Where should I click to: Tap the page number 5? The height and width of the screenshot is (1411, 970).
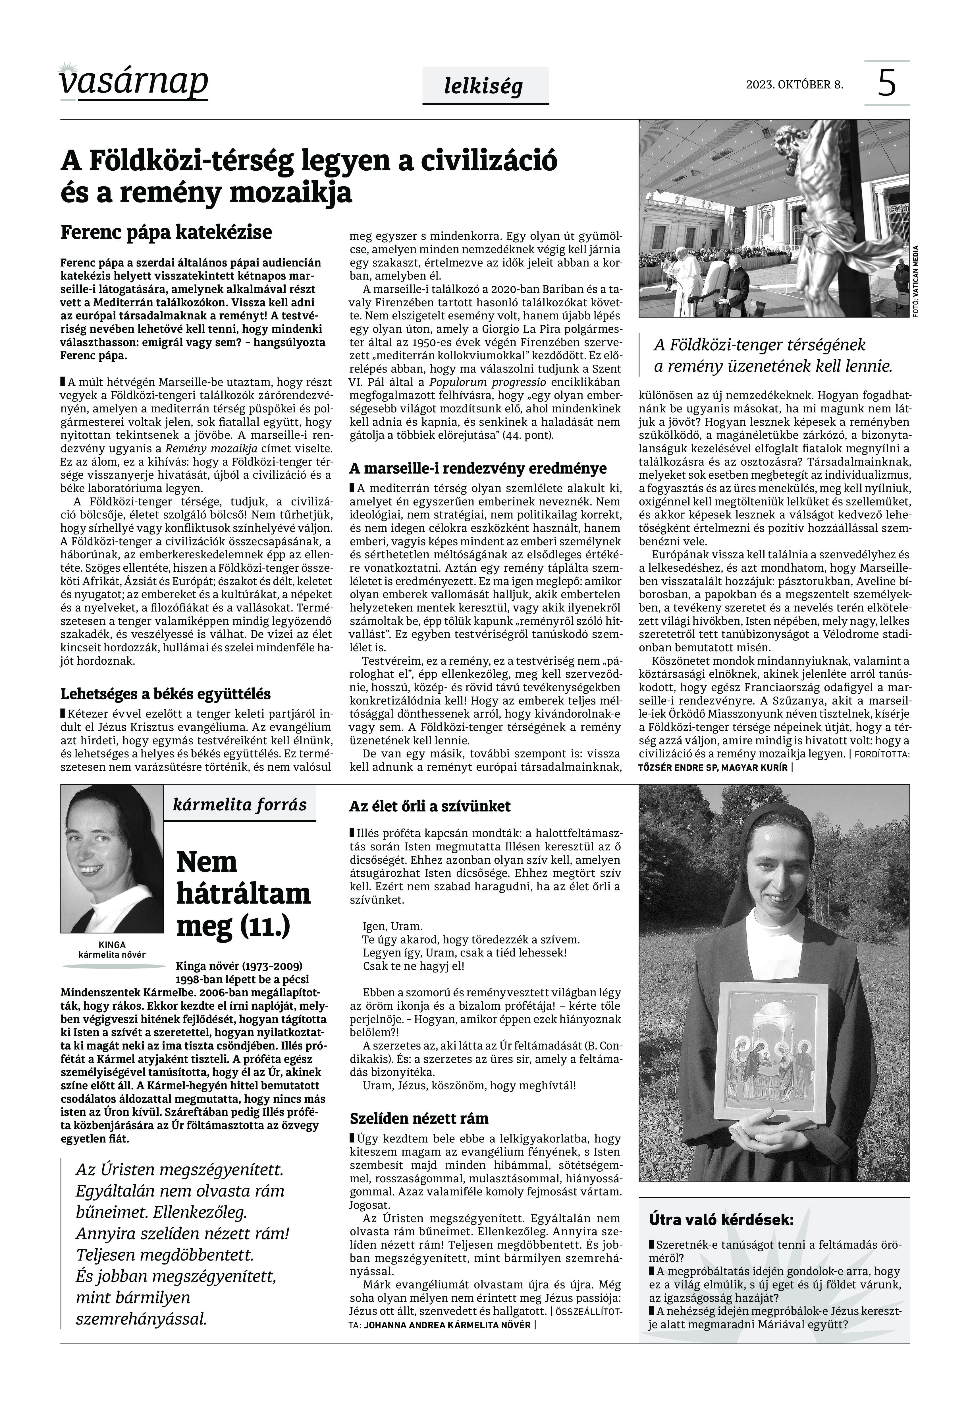(x=887, y=83)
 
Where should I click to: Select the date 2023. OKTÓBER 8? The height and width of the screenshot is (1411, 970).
(x=794, y=84)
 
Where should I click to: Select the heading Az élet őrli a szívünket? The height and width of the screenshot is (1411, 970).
(x=430, y=806)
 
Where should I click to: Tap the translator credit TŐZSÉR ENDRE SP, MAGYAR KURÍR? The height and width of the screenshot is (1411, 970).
(x=712, y=768)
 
